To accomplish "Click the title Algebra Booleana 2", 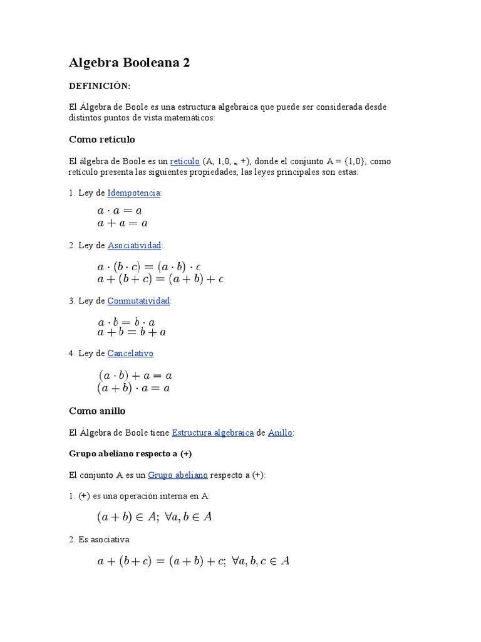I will [x=129, y=63].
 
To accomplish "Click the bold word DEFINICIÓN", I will [x=100, y=85].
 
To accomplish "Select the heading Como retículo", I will [x=101, y=139].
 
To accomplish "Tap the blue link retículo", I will [x=185, y=161].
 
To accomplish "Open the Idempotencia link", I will [x=134, y=192].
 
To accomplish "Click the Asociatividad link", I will [x=134, y=245].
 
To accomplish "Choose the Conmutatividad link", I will [x=138, y=301].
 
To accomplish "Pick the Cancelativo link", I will [x=130, y=353].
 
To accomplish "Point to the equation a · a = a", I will [x=120, y=211].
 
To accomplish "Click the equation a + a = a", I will [x=122, y=223].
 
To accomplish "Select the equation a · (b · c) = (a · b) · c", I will [x=149, y=266].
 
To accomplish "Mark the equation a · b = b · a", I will [x=127, y=322].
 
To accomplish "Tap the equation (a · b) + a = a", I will [x=135, y=376].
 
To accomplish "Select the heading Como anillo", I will [x=97, y=411].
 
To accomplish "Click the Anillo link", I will [x=280, y=433].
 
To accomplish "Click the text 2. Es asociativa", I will [x=100, y=539].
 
